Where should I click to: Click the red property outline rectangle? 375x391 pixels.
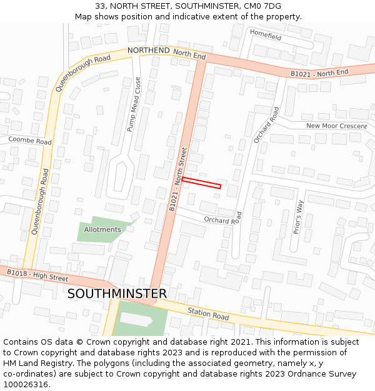(x=201, y=183)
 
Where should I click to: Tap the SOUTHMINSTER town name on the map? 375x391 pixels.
(x=117, y=293)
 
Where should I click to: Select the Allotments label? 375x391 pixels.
(x=102, y=230)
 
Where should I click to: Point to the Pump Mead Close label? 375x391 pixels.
(x=134, y=104)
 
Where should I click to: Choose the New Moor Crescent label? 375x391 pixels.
(x=336, y=126)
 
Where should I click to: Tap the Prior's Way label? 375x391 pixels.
(x=298, y=216)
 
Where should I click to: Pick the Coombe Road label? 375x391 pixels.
(x=30, y=141)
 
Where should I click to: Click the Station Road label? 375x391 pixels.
(x=208, y=314)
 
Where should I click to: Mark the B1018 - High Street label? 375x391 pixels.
(x=37, y=275)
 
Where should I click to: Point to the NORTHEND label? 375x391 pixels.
(x=148, y=50)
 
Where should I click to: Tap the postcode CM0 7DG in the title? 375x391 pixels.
(x=262, y=6)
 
